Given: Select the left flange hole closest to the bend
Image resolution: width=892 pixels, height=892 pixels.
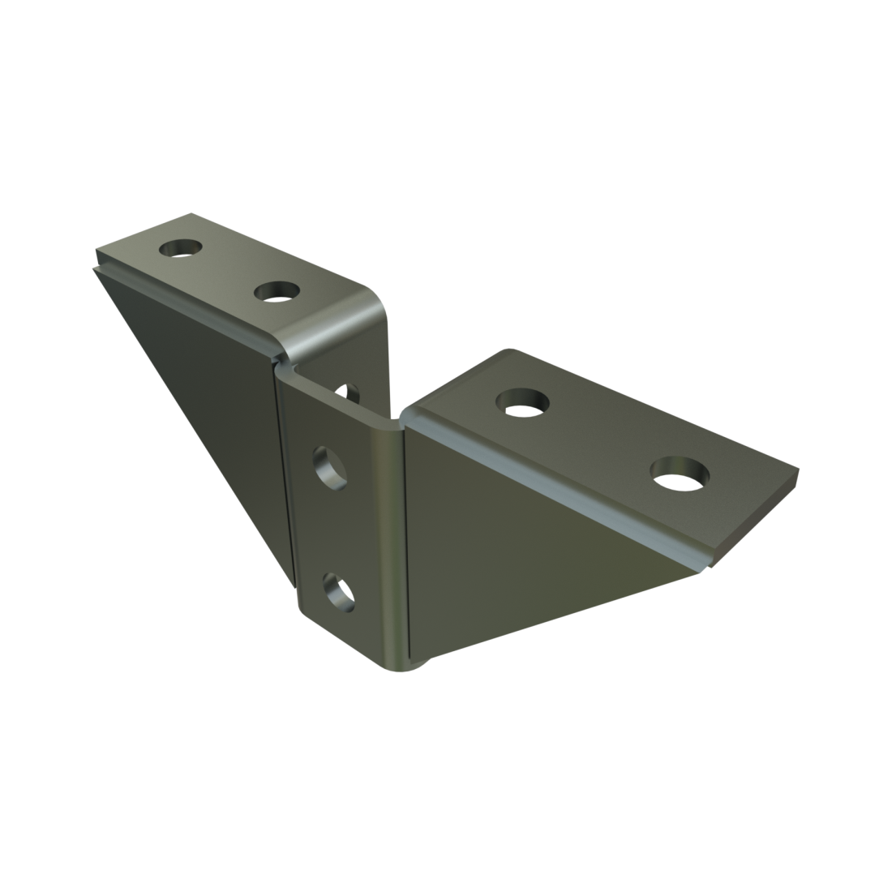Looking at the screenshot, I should (278, 291).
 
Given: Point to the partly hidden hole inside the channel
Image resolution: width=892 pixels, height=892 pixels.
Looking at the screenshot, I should (351, 394).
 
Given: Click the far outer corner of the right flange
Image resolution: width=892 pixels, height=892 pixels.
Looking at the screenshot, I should (798, 468).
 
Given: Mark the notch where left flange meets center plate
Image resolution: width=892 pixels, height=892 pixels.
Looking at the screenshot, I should (281, 362).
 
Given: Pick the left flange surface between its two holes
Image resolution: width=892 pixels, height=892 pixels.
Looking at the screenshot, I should (227, 269).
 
